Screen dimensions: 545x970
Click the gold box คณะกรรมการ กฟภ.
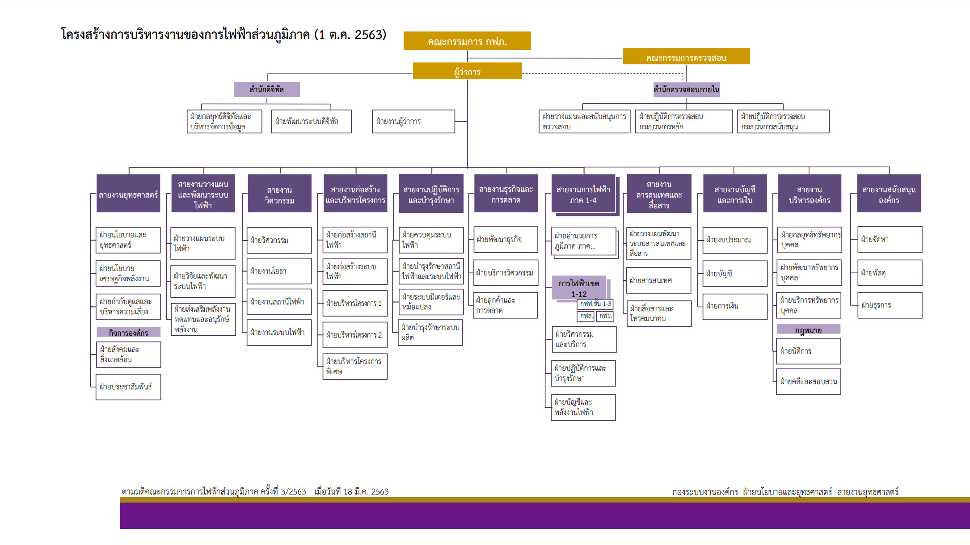pyautogui.click(x=467, y=41)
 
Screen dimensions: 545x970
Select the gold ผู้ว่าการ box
pyautogui.click(x=467, y=71)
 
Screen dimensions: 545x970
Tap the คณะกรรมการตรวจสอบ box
pyautogui.click(x=686, y=57)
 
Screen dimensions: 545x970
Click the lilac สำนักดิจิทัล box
pyautogui.click(x=266, y=89)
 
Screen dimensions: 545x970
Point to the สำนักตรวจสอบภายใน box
pyautogui.click(x=686, y=89)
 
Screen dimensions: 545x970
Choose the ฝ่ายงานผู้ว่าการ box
pyautogui.click(x=413, y=121)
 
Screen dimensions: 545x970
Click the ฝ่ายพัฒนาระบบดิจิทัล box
pyautogui.click(x=311, y=121)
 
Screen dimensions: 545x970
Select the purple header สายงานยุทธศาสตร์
pyautogui.click(x=128, y=194)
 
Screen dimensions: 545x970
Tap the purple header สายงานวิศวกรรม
pyautogui.click(x=279, y=194)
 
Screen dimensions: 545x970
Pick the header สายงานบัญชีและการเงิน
pyautogui.click(x=735, y=194)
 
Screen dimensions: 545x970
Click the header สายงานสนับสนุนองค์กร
pyautogui.click(x=889, y=194)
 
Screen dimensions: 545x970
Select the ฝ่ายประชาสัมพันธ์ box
pyautogui.click(x=128, y=387)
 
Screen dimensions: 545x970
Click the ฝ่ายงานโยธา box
pyautogui.click(x=279, y=271)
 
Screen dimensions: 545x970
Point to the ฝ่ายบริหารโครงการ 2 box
pyautogui.click(x=355, y=335)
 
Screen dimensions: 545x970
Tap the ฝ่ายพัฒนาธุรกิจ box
pyautogui.click(x=506, y=239)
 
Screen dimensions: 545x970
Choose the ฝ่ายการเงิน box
pyautogui.click(x=735, y=306)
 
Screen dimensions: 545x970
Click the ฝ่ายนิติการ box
pyautogui.click(x=808, y=351)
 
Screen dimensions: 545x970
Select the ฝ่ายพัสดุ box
pyautogui.click(x=890, y=273)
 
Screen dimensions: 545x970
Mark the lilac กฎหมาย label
pyautogui.click(x=808, y=330)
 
